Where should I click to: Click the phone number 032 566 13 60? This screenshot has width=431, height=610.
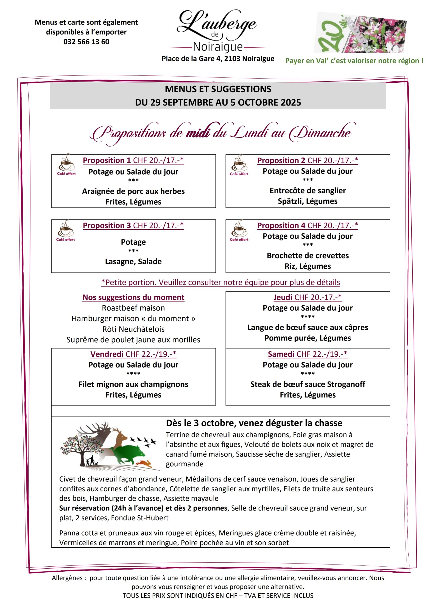(x=86, y=42)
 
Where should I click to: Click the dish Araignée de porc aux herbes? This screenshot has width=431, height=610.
(x=133, y=191)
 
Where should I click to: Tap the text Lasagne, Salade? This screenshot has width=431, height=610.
(x=133, y=261)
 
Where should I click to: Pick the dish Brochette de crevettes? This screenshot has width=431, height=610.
(x=307, y=256)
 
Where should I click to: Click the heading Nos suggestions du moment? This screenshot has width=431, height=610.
(x=133, y=297)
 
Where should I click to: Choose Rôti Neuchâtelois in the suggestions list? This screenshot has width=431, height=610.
(x=133, y=329)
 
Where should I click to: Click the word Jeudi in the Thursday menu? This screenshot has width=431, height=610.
(x=283, y=297)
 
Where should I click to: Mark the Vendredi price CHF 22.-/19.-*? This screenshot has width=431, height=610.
(x=150, y=354)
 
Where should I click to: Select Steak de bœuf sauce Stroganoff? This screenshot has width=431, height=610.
(x=307, y=384)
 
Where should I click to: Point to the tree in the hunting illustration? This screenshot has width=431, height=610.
(x=80, y=449)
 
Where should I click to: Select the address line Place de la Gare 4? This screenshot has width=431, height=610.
(x=218, y=59)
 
